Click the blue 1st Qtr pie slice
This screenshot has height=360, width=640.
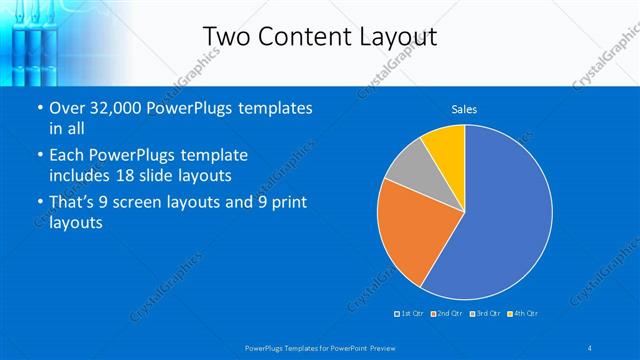pos(500,220)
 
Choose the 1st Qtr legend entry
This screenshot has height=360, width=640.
pos(411,314)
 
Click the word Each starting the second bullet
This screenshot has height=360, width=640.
pos(68,156)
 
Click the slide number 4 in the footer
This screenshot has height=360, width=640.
pos(590,347)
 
